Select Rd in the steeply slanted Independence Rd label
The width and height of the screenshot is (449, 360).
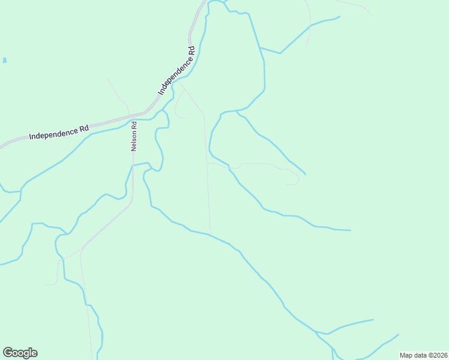pos(192,52)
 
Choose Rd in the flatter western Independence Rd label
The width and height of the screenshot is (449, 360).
pos(83,128)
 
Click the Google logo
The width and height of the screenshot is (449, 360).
pos(20,353)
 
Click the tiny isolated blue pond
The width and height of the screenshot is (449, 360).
pos(5,61)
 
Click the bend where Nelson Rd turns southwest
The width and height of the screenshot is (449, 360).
pos(131,204)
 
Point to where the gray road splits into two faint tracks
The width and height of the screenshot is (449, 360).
pos(81,248)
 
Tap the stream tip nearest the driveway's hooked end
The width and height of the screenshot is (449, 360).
pos(305,175)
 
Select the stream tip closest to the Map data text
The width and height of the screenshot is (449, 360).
pos(399,334)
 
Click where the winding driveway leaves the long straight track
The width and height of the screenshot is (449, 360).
pos(208,164)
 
